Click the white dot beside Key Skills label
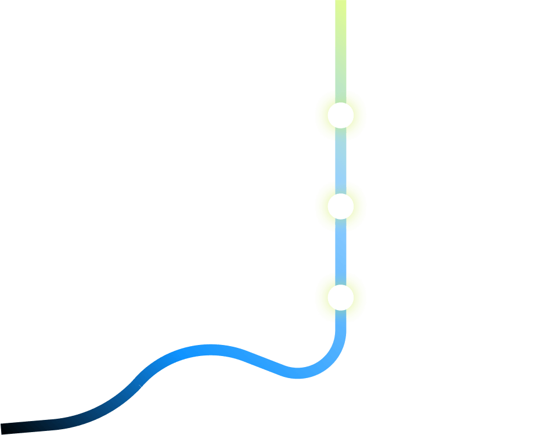pyautogui.click(x=340, y=116)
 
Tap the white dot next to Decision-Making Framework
pyautogui.click(x=340, y=206)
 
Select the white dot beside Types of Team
pyautogui.click(x=340, y=297)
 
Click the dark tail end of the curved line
pyautogui.click(x=9, y=427)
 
